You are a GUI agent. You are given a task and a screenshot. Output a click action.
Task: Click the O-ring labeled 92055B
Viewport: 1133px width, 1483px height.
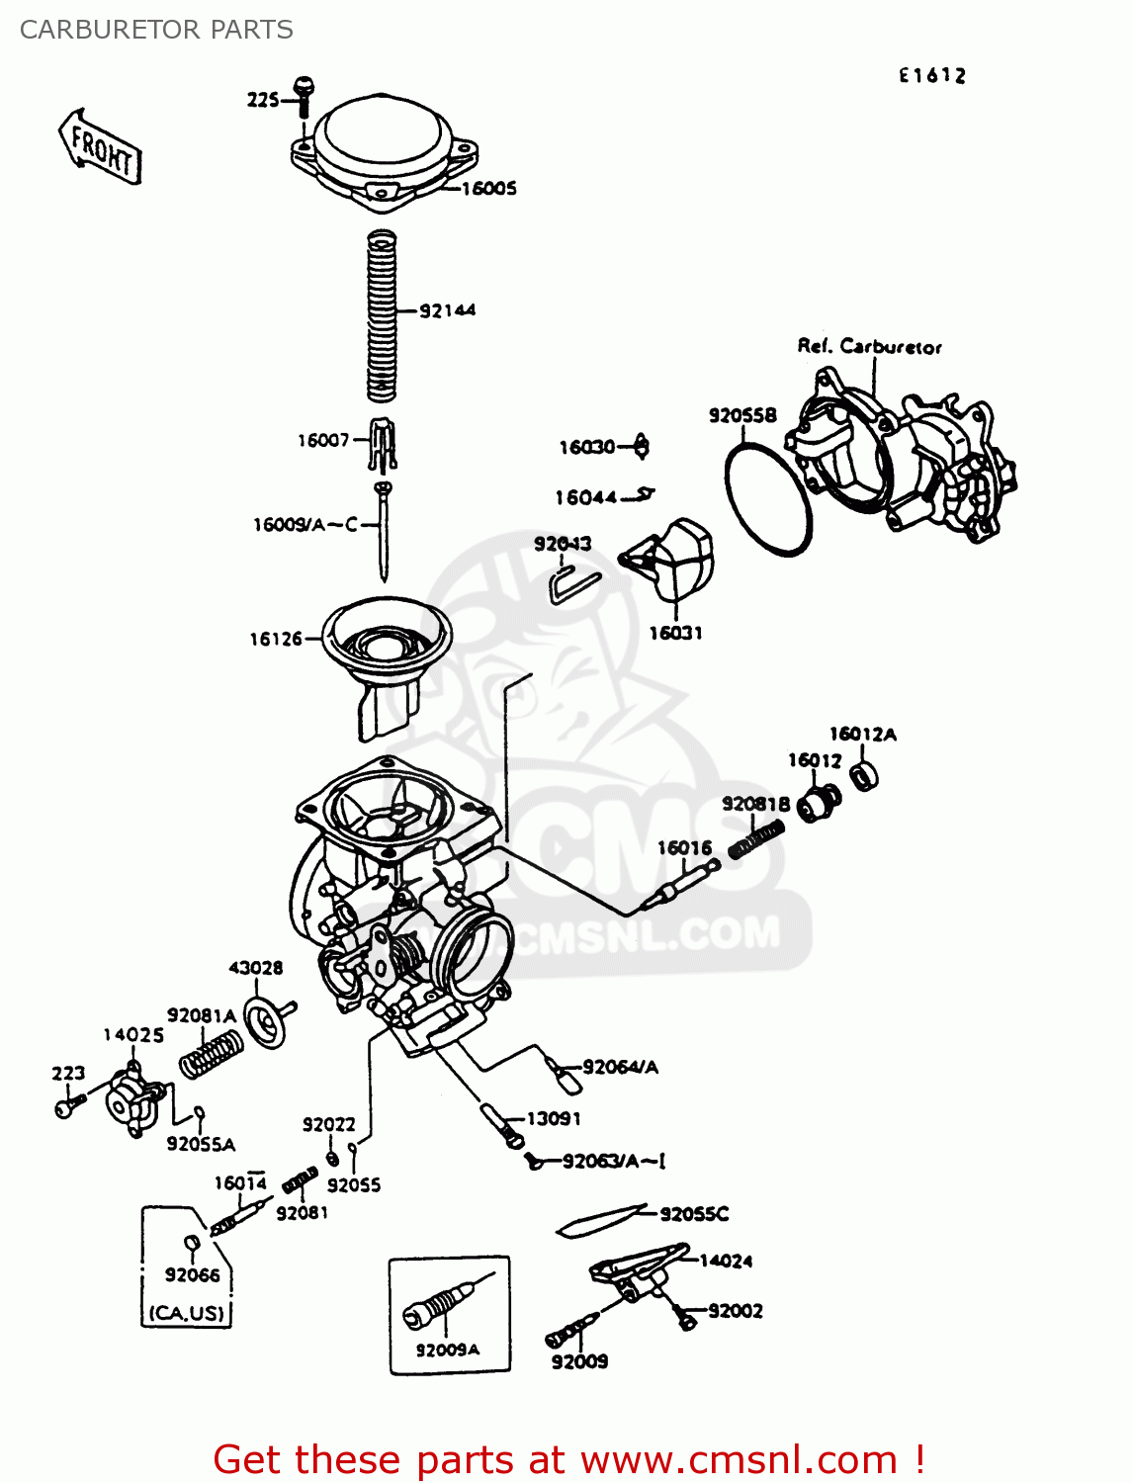[768, 499]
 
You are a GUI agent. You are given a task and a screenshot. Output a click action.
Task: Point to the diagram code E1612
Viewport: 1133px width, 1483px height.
[931, 76]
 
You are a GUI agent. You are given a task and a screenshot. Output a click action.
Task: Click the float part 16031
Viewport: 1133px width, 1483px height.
[675, 559]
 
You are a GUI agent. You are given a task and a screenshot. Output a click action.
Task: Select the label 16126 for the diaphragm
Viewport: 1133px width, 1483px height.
[275, 640]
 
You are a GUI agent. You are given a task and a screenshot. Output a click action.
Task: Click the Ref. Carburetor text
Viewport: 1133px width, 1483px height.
[869, 347]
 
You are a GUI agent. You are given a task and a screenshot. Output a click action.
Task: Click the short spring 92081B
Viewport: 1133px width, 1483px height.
[756, 841]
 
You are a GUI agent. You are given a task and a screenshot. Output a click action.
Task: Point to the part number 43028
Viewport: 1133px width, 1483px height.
[255, 968]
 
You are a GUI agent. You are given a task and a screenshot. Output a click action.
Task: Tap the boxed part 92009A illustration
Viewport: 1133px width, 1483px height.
[440, 1304]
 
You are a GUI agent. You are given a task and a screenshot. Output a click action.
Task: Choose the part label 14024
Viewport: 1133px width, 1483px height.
[726, 1262]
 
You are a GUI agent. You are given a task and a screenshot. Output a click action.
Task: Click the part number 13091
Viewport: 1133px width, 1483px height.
[554, 1119]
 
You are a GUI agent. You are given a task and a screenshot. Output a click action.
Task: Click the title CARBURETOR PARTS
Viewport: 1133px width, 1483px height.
[156, 30]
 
